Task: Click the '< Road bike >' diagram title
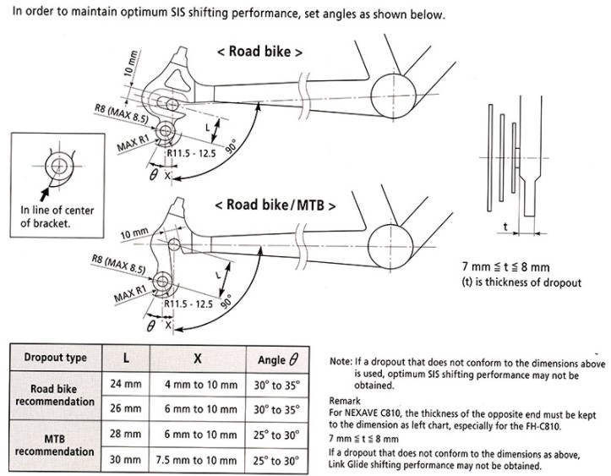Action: point(260,51)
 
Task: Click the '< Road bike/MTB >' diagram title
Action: point(275,205)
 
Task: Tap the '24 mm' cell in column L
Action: point(126,384)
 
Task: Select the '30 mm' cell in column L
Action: point(126,461)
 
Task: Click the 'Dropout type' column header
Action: point(55,358)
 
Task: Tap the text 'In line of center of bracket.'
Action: point(57,216)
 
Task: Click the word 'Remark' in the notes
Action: point(346,401)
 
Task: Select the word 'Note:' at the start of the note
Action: point(342,361)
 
